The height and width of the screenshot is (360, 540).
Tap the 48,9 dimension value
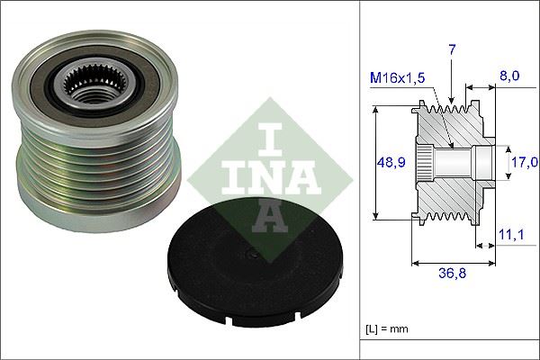(x=390, y=163)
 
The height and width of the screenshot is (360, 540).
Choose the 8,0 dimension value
(x=510, y=77)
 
